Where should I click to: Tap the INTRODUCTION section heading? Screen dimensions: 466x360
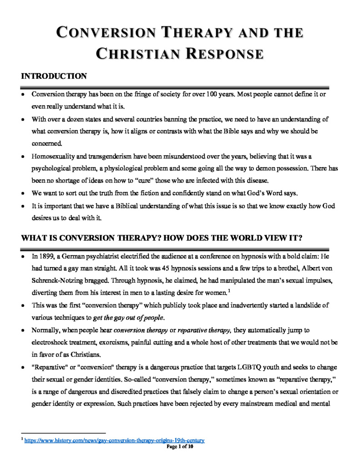coord(54,76)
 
